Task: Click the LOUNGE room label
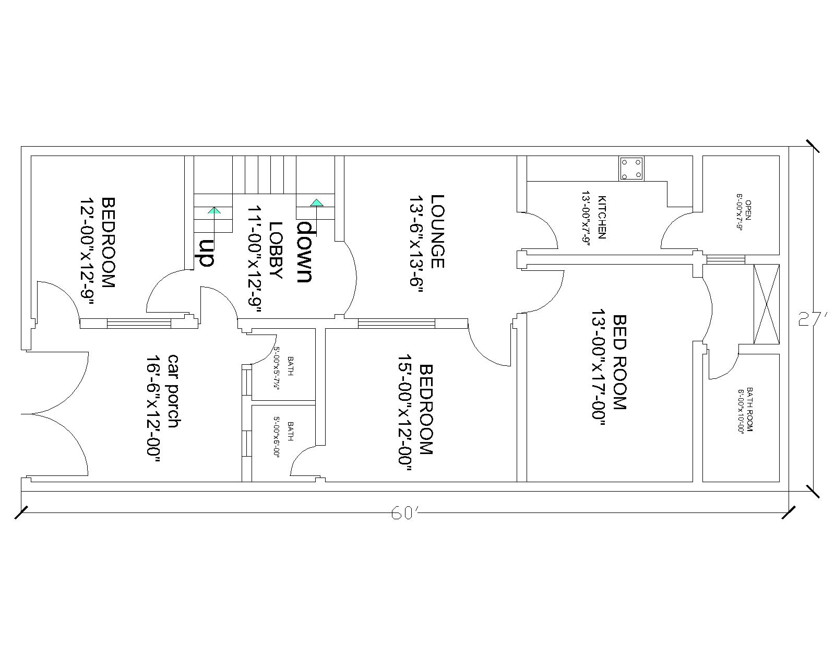[437, 231]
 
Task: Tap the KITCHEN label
[602, 217]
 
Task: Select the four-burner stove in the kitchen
[631, 169]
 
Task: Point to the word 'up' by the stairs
[207, 253]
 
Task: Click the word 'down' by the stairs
[305, 252]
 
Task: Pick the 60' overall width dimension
[403, 514]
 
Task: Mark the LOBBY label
[276, 250]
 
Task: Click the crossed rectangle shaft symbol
[766, 304]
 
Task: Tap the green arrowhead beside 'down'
[317, 202]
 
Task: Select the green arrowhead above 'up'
[214, 210]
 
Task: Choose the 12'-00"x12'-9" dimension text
[87, 252]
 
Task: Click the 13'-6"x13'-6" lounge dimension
[415, 246]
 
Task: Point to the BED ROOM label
[619, 362]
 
